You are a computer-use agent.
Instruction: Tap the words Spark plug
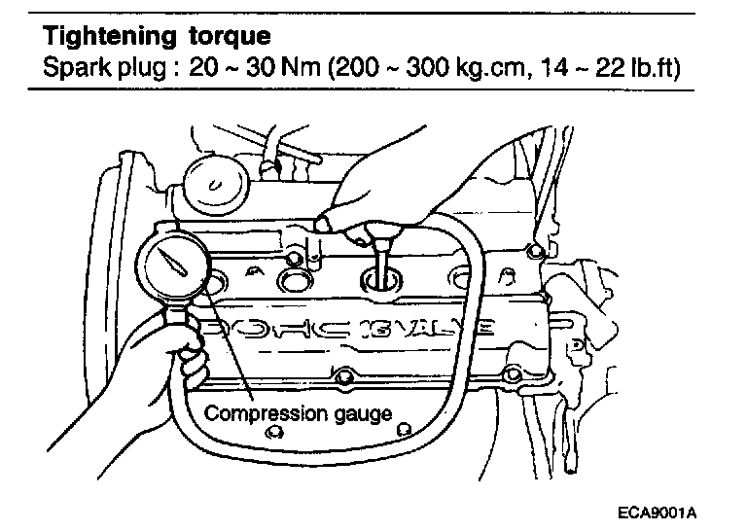tap(98, 69)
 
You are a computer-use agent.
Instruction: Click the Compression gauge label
tap(297, 413)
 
